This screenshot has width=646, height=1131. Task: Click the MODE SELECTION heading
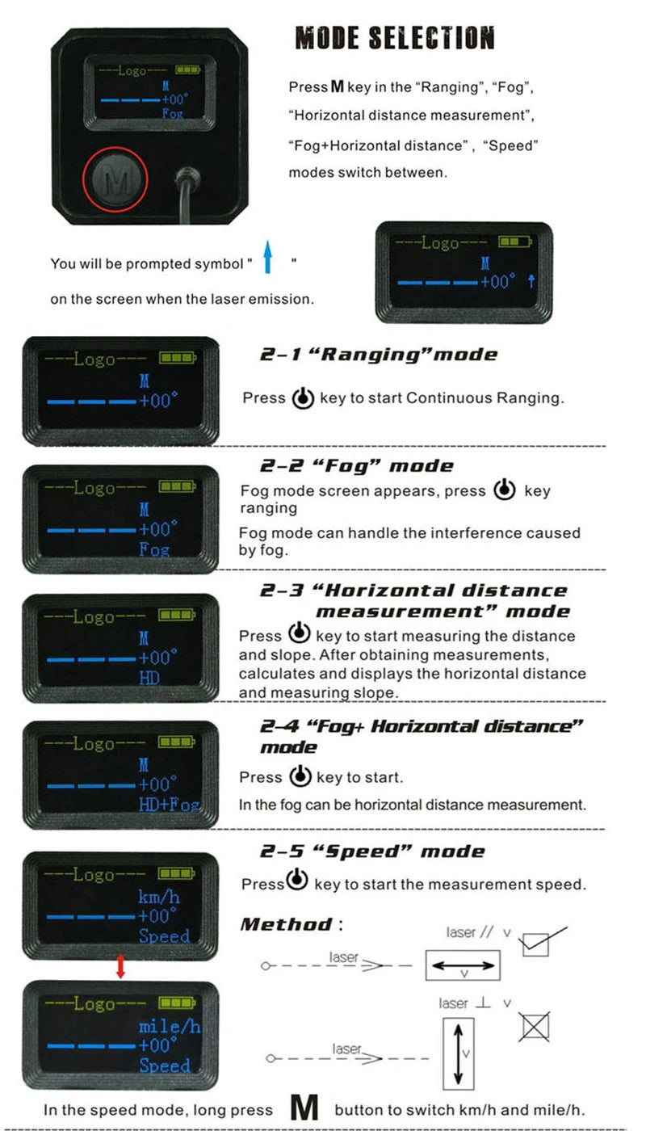[x=394, y=38]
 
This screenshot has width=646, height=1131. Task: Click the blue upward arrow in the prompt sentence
[x=269, y=263]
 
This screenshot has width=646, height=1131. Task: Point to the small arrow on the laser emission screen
[x=531, y=281]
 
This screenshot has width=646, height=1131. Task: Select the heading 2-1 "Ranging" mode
[x=379, y=354]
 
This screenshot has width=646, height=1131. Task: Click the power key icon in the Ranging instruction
[x=302, y=398]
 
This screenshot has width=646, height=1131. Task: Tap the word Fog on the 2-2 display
[x=153, y=549]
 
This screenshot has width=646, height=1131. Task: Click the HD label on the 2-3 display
[x=149, y=678]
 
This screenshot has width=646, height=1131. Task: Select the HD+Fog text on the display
[x=169, y=805]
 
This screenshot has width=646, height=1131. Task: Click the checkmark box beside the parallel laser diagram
[x=536, y=944]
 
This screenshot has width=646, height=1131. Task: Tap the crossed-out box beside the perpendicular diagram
[x=534, y=1028]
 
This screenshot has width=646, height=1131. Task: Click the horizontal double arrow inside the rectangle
[x=464, y=965]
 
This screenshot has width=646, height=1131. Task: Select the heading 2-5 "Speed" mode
[x=372, y=851]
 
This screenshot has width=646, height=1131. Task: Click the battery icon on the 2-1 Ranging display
[x=176, y=358]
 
